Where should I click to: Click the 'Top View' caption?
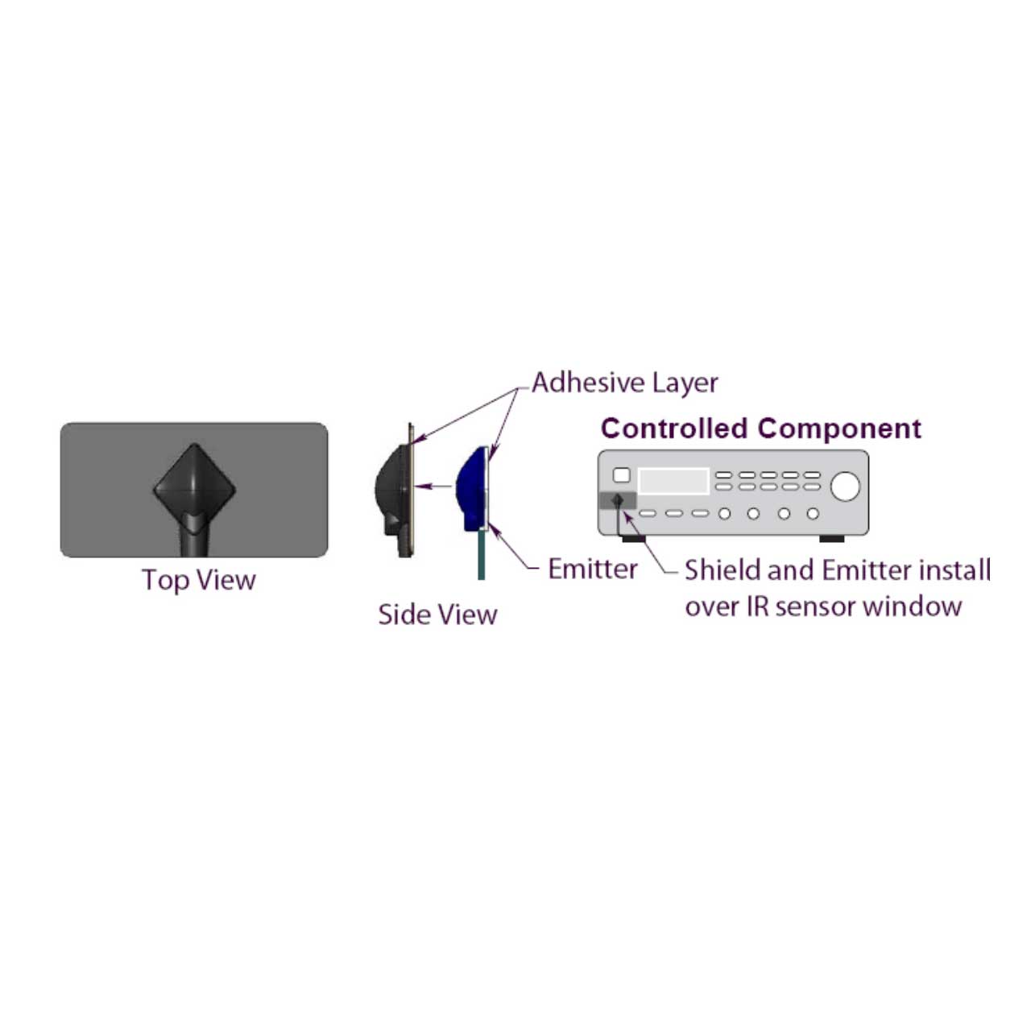point(198,580)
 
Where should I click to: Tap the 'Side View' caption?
point(437,615)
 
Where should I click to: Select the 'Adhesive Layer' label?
point(624,383)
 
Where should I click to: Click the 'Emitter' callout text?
point(593,569)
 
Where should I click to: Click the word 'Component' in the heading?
point(839,429)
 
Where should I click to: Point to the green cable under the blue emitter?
point(481,553)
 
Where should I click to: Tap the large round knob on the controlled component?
point(845,487)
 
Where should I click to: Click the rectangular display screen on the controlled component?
point(673,480)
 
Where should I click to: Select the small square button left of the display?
point(621,475)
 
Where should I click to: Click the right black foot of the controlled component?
point(831,539)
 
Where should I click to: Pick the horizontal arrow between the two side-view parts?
point(433,487)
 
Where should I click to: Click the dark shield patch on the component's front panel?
point(617,501)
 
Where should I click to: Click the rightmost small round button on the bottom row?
point(813,514)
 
